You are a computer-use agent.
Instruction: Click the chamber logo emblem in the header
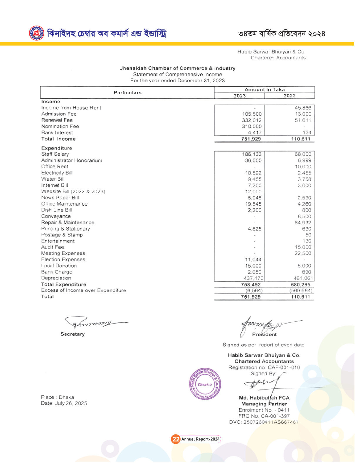click(x=36, y=33)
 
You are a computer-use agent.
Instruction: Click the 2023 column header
click(x=240, y=96)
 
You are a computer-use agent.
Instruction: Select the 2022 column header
click(x=290, y=96)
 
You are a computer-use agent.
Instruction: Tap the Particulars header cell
click(x=127, y=93)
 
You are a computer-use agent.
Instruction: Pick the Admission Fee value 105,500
click(x=252, y=114)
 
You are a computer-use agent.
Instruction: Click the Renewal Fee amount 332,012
click(x=252, y=120)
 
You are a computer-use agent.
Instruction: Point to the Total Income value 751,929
click(x=251, y=139)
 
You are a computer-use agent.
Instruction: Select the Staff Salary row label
click(x=55, y=154)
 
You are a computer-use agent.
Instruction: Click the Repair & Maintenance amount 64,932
click(x=303, y=223)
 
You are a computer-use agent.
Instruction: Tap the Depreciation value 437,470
click(x=254, y=278)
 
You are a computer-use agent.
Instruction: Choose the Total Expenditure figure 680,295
click(x=300, y=285)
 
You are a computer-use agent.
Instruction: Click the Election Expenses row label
click(x=63, y=260)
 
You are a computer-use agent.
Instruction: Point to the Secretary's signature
click(x=94, y=323)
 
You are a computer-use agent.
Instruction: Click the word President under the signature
click(x=264, y=334)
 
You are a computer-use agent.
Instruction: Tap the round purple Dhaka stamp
click(x=205, y=384)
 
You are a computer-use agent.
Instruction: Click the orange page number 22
click(x=176, y=439)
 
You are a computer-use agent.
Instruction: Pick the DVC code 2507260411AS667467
click(x=271, y=422)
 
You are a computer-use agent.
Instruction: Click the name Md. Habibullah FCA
click(x=264, y=398)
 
